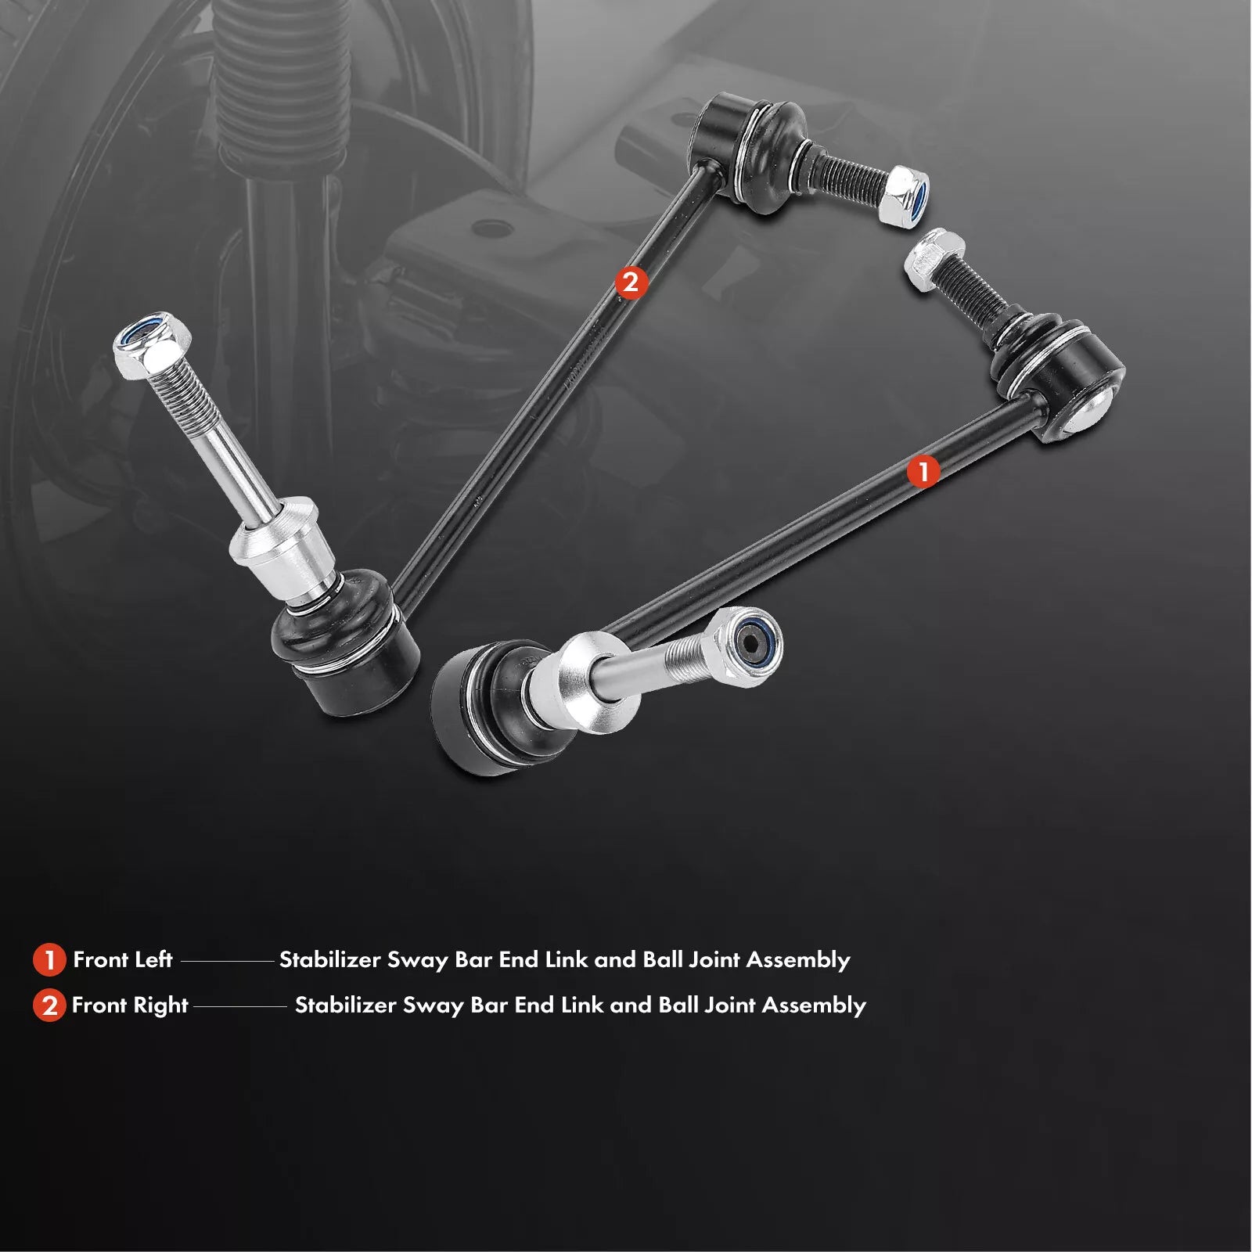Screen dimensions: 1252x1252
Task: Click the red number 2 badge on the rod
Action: (x=631, y=282)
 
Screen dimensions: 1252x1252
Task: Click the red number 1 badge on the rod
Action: (x=923, y=472)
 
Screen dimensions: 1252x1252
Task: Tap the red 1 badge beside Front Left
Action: (x=49, y=960)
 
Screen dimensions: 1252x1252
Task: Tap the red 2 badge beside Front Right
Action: (x=49, y=1006)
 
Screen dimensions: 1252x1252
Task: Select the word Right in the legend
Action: (x=159, y=1006)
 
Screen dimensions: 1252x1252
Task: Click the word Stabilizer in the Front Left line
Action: (x=329, y=959)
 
